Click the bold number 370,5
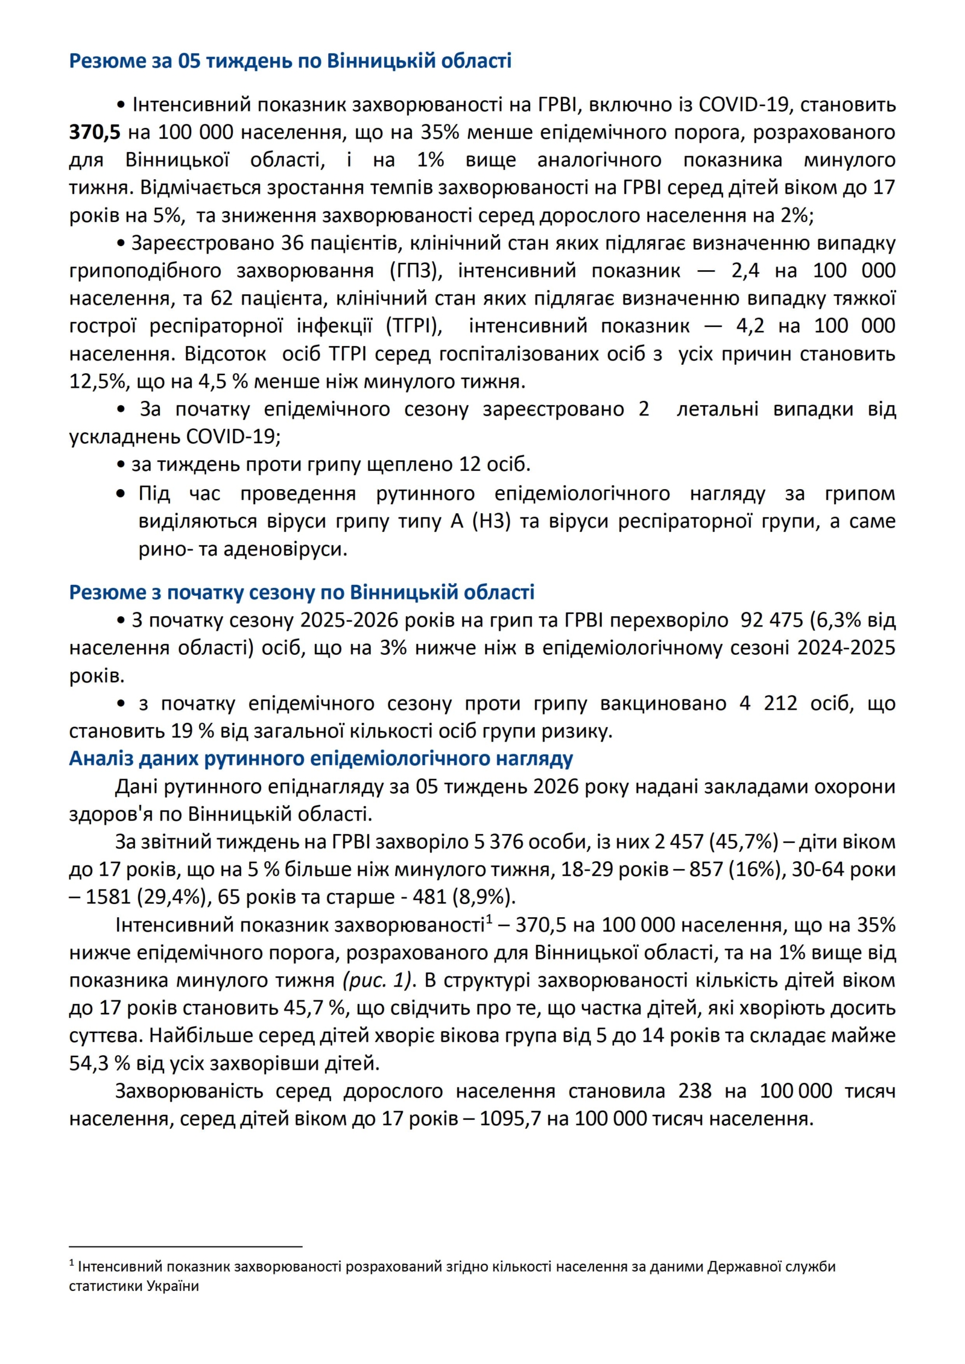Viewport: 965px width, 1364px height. (x=95, y=132)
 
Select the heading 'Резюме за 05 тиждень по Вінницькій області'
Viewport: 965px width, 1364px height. (x=290, y=61)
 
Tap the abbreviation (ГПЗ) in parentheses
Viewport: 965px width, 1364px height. (x=416, y=271)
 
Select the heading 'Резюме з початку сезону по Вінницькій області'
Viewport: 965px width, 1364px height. (x=302, y=592)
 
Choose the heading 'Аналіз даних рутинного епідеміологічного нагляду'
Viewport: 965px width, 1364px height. (x=321, y=759)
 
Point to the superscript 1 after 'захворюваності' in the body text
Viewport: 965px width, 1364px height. (x=489, y=920)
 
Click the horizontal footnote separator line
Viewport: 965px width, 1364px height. (x=185, y=1246)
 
